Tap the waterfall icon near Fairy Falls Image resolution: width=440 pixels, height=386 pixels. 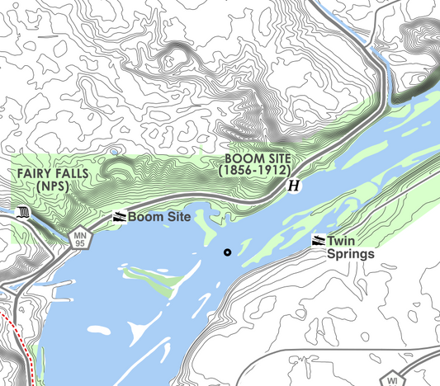(x=23, y=213)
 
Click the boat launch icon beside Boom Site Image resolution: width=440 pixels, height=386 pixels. (x=120, y=217)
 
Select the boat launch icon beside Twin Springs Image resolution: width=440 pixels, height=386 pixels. (x=318, y=241)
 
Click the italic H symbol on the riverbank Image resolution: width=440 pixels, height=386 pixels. (x=293, y=187)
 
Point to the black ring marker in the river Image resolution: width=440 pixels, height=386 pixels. (x=227, y=252)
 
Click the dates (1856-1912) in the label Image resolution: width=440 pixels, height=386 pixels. (x=254, y=170)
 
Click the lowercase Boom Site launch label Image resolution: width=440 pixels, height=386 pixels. (x=159, y=217)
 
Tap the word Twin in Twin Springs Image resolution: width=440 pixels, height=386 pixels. (x=341, y=241)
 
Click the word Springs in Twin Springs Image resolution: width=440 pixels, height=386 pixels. (x=351, y=254)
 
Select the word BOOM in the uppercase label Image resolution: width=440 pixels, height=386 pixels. (x=240, y=158)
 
